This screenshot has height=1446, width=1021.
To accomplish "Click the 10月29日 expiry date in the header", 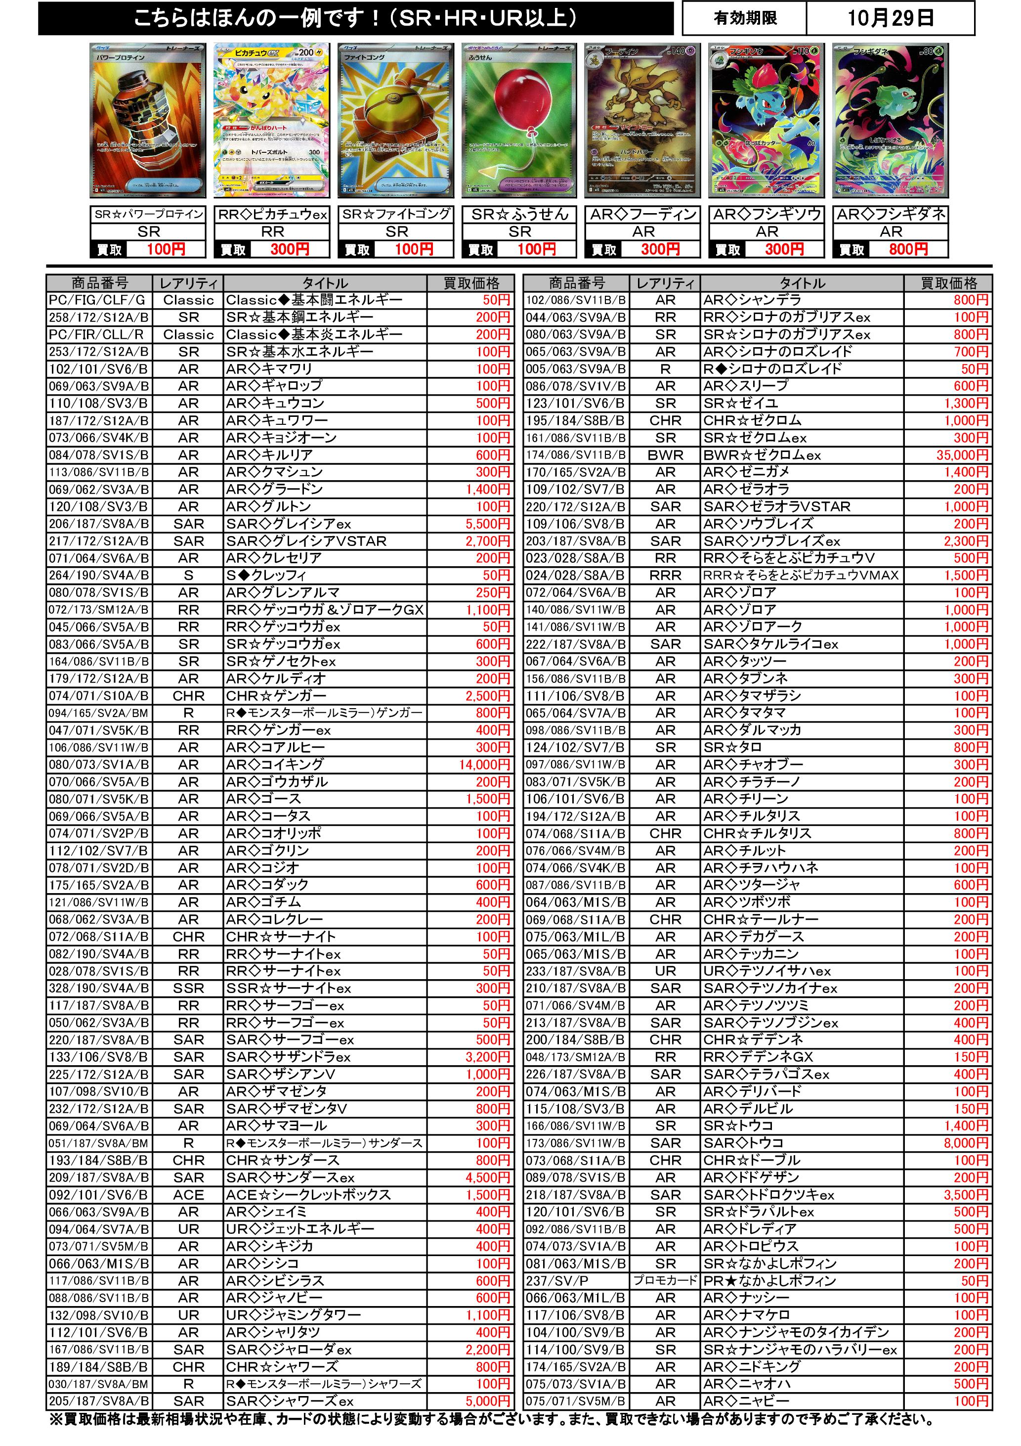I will click(890, 18).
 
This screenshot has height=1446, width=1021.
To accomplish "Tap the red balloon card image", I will click(519, 120).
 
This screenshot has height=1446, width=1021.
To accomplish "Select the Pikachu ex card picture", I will click(271, 120).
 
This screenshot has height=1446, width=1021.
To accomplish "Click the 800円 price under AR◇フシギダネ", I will click(908, 249).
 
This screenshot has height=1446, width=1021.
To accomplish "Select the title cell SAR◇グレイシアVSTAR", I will click(306, 541).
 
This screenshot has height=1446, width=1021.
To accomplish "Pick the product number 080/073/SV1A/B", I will click(99, 765).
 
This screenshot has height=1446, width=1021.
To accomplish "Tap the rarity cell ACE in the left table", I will click(188, 1195).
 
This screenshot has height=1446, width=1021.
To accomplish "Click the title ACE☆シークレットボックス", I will click(308, 1195).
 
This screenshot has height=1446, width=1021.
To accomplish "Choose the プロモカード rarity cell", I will click(665, 1280).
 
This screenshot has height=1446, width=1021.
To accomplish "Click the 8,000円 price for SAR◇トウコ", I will click(966, 1143).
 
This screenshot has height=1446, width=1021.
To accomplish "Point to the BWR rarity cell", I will click(665, 454).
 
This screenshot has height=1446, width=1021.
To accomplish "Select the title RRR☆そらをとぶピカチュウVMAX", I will click(801, 575).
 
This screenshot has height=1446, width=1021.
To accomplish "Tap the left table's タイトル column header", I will click(325, 283).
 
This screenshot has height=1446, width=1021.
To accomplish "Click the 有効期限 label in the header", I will click(745, 18).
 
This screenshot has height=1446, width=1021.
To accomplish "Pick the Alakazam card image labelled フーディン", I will click(642, 120).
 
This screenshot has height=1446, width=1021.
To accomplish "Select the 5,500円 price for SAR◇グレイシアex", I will click(487, 524).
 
